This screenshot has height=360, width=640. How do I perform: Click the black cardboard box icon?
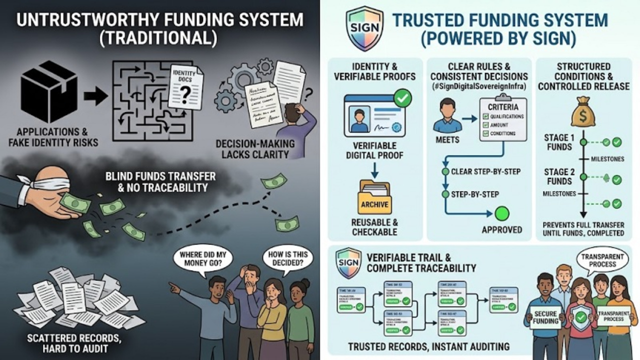click(49, 92)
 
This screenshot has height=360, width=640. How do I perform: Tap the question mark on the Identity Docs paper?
click(185, 92)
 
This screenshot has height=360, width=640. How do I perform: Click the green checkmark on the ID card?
click(403, 98)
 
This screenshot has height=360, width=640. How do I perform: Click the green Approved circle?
click(502, 214)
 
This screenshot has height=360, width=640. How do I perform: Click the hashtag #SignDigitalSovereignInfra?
click(479, 86)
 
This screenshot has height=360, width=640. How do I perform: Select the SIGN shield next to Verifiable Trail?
click(348, 261)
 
